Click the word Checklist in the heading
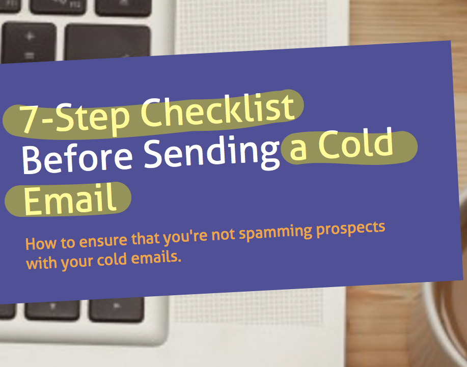tap(217, 110)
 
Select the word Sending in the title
tap(212, 152)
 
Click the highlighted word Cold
tap(356, 144)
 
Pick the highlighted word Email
tap(70, 199)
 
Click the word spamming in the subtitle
tap(276, 233)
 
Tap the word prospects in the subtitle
tap(350, 229)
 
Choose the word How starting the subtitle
tap(41, 243)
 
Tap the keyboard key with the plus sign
tap(29, 42)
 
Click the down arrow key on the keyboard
tap(52, 309)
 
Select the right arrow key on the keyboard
tap(117, 309)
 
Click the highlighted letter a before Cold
tap(298, 150)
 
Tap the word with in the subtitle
tap(42, 263)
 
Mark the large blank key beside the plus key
tap(107, 41)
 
